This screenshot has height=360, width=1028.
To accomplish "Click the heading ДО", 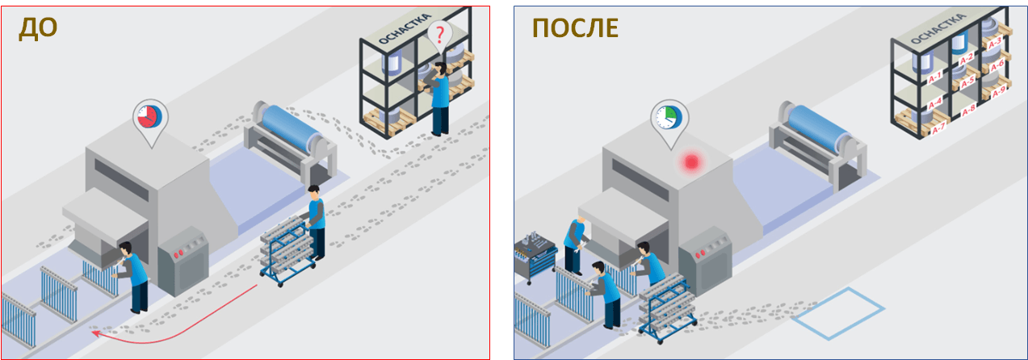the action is click(x=38, y=28).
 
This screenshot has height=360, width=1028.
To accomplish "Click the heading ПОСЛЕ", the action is click(x=575, y=28).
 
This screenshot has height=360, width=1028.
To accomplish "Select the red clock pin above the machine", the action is click(x=150, y=120).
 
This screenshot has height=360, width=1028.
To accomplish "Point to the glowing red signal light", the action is click(x=691, y=162).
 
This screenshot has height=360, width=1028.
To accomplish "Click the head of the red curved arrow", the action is click(x=95, y=333).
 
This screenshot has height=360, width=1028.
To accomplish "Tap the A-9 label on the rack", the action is click(x=999, y=93).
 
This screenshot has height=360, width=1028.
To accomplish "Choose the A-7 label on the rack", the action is click(x=938, y=128).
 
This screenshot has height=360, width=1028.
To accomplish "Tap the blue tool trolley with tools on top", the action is click(x=535, y=257).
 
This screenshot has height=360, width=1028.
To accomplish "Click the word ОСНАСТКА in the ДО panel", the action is click(x=405, y=29).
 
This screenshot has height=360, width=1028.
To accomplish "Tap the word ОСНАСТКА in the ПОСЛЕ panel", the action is click(x=938, y=29).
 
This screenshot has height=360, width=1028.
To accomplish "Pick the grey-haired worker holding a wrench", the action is click(x=575, y=245).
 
